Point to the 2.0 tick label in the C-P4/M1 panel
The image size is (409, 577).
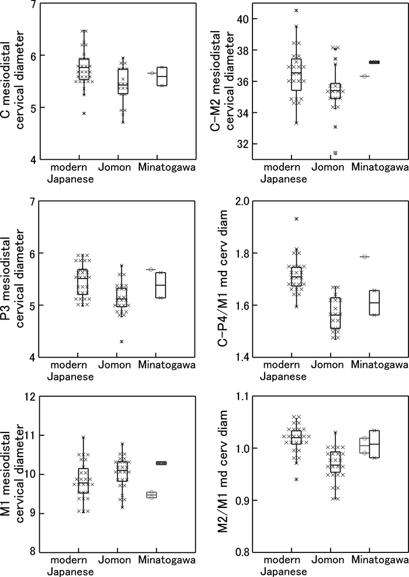pos(242,202)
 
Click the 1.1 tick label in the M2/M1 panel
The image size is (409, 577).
pos(242,397)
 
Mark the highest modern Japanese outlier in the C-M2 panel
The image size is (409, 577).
pos(296,11)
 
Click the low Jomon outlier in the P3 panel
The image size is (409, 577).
pos(122,341)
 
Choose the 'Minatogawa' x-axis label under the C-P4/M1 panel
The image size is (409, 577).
pos(379,365)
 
